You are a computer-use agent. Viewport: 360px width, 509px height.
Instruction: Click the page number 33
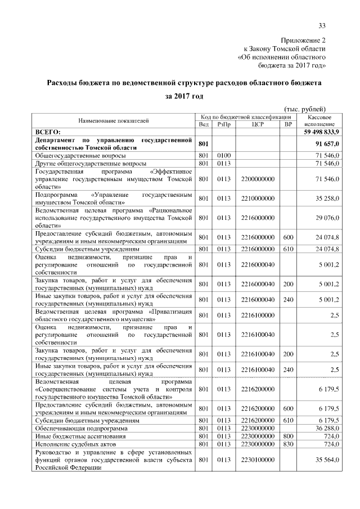coord(322,25)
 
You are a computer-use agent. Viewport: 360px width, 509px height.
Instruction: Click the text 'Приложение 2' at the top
coord(303,40)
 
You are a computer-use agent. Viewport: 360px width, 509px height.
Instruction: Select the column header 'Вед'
coord(204,124)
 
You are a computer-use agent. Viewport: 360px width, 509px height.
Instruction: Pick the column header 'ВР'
coord(289,124)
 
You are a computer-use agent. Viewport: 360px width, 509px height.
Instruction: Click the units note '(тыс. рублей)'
coord(303,109)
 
